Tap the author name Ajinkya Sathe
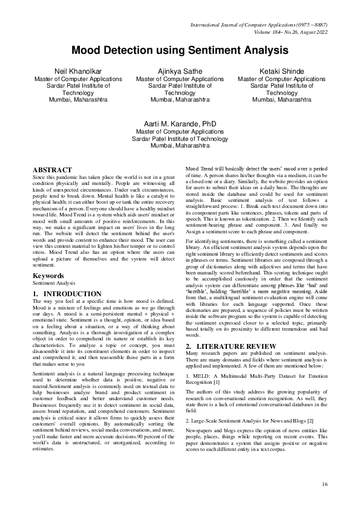(180, 71)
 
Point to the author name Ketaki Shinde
(282, 71)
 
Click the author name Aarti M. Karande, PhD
(180, 122)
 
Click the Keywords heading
(48, 276)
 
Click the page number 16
(325, 484)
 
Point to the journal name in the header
(258, 24)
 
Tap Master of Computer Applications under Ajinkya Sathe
(180, 79)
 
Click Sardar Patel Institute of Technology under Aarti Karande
(180, 138)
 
